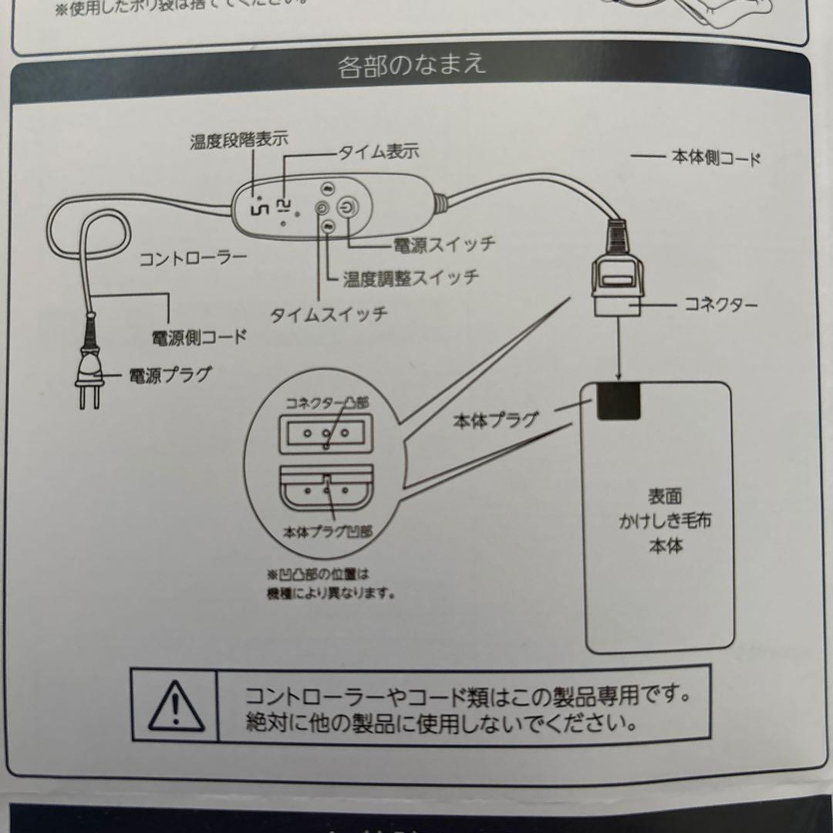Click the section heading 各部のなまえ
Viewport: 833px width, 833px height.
pyautogui.click(x=412, y=65)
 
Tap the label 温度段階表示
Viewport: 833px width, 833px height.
pyautogui.click(x=239, y=141)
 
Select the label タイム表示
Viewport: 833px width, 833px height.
pyautogui.click(x=378, y=152)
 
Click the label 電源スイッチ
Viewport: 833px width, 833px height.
pyautogui.click(x=443, y=245)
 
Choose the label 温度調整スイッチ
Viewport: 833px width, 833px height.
pyautogui.click(x=410, y=277)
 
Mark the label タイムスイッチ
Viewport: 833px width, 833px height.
pyautogui.click(x=328, y=315)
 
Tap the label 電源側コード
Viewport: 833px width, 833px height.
pyautogui.click(x=199, y=336)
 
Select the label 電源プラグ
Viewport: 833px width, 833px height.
pyautogui.click(x=170, y=376)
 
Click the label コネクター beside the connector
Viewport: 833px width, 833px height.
pyautogui.click(x=720, y=305)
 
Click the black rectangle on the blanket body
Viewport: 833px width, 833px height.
pyautogui.click(x=618, y=401)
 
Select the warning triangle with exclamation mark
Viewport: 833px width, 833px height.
pyautogui.click(x=175, y=705)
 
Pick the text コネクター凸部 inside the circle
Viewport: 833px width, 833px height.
pyautogui.click(x=327, y=403)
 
